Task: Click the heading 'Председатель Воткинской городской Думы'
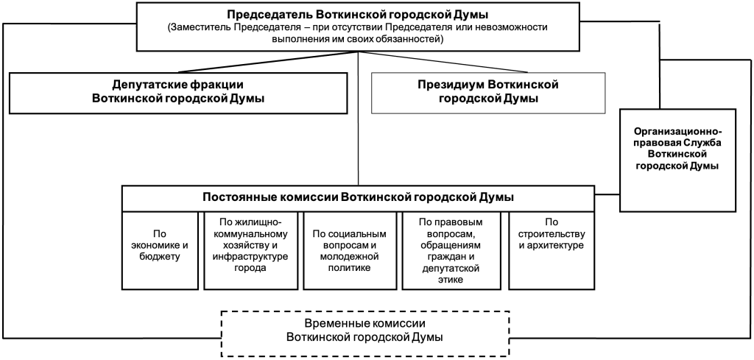point(358,14)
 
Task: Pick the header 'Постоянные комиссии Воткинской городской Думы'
point(358,197)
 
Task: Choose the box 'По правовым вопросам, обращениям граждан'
point(449,250)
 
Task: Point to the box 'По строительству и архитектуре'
point(547,250)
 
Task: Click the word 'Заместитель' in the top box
point(201,27)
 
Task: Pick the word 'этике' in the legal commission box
point(449,279)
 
